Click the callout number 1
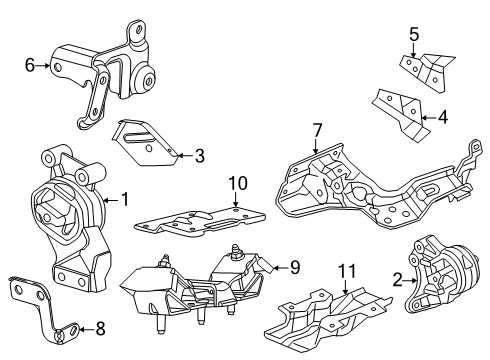[x=125, y=199]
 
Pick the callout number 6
[x=30, y=66]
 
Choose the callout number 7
[x=317, y=129]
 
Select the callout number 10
[x=236, y=183]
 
